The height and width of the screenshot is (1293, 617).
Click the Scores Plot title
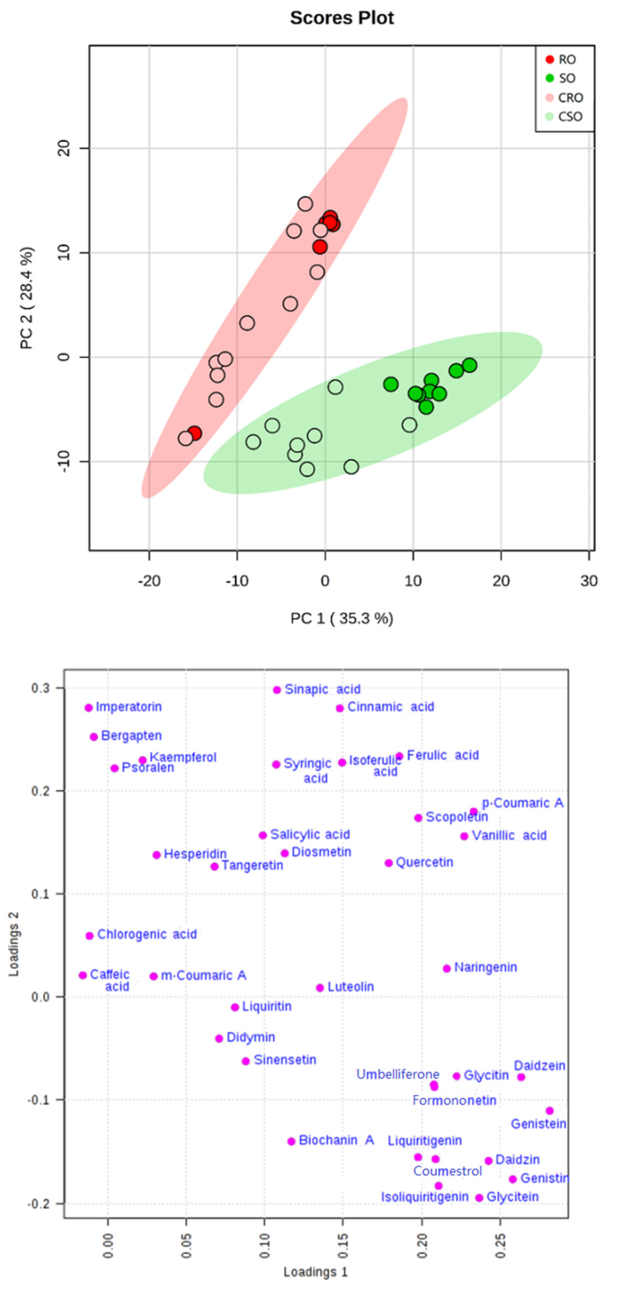click(x=342, y=18)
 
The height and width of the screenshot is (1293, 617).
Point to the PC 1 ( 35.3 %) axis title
click(x=342, y=618)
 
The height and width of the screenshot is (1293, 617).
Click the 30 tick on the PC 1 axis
click(x=588, y=581)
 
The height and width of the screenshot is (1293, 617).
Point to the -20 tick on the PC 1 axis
click(x=149, y=581)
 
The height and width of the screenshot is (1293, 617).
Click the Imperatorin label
click(x=128, y=707)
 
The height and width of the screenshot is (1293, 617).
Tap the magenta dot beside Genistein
click(x=550, y=1111)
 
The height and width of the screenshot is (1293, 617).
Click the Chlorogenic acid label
click(x=147, y=934)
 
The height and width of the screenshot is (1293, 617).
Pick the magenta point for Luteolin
click(x=320, y=988)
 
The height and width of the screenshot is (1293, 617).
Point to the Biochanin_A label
click(x=336, y=1140)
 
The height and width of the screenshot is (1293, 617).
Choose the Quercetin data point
click(x=389, y=863)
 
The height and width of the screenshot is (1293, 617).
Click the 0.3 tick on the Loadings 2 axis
click(x=42, y=688)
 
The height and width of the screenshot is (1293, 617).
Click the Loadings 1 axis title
click(x=315, y=1272)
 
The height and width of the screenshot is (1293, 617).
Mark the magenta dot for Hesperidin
click(x=156, y=855)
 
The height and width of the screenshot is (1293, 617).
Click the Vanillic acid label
click(x=509, y=836)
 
